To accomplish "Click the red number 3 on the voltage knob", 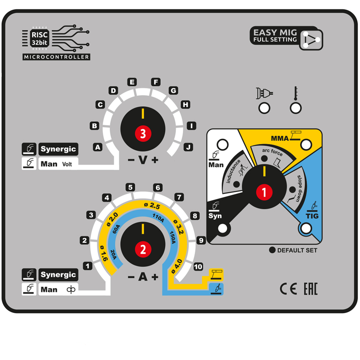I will tap(143, 134).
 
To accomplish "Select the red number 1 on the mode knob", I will tap(265, 193).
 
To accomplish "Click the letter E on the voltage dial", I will tap(132, 82).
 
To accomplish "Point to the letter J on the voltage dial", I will tap(188, 147).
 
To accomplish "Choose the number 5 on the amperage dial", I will tap(130, 187).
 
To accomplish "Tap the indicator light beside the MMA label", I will tap(306, 145).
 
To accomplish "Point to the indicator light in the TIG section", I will tap(306, 228).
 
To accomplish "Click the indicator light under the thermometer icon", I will tap(296, 108).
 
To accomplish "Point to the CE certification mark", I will tap(288, 289).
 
